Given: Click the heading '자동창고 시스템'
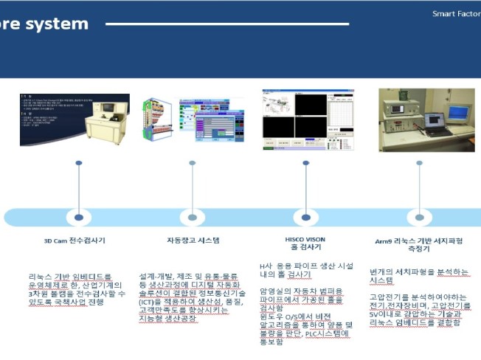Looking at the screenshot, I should coord(193,240).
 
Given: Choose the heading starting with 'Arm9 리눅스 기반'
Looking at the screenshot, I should coord(418,244).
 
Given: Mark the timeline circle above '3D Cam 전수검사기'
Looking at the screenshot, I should coord(78,218).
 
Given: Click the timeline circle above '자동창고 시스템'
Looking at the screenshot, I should coord(193,218).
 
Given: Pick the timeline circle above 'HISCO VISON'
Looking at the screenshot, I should coord(305,218).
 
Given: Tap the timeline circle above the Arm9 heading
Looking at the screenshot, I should coord(419,218).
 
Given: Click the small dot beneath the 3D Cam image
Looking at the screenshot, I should coord(78,163).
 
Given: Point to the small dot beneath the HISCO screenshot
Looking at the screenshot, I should coord(305,163).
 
